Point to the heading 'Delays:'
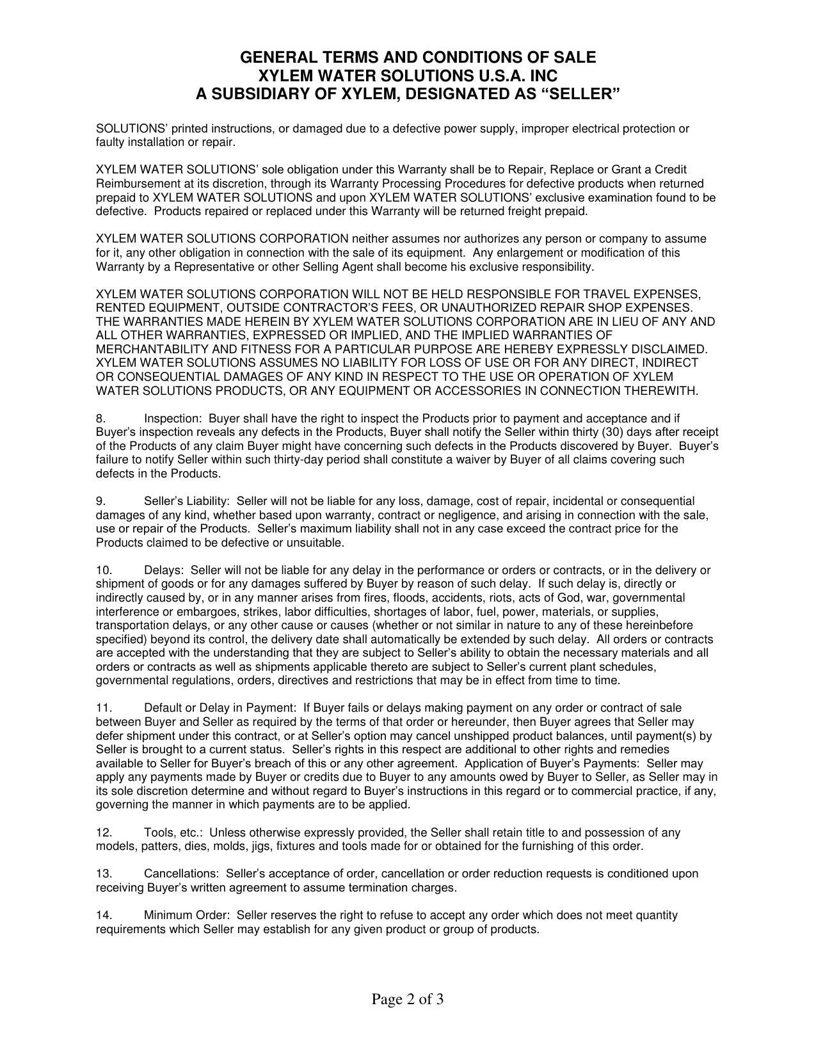(164, 570)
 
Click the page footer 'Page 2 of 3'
(408, 999)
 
